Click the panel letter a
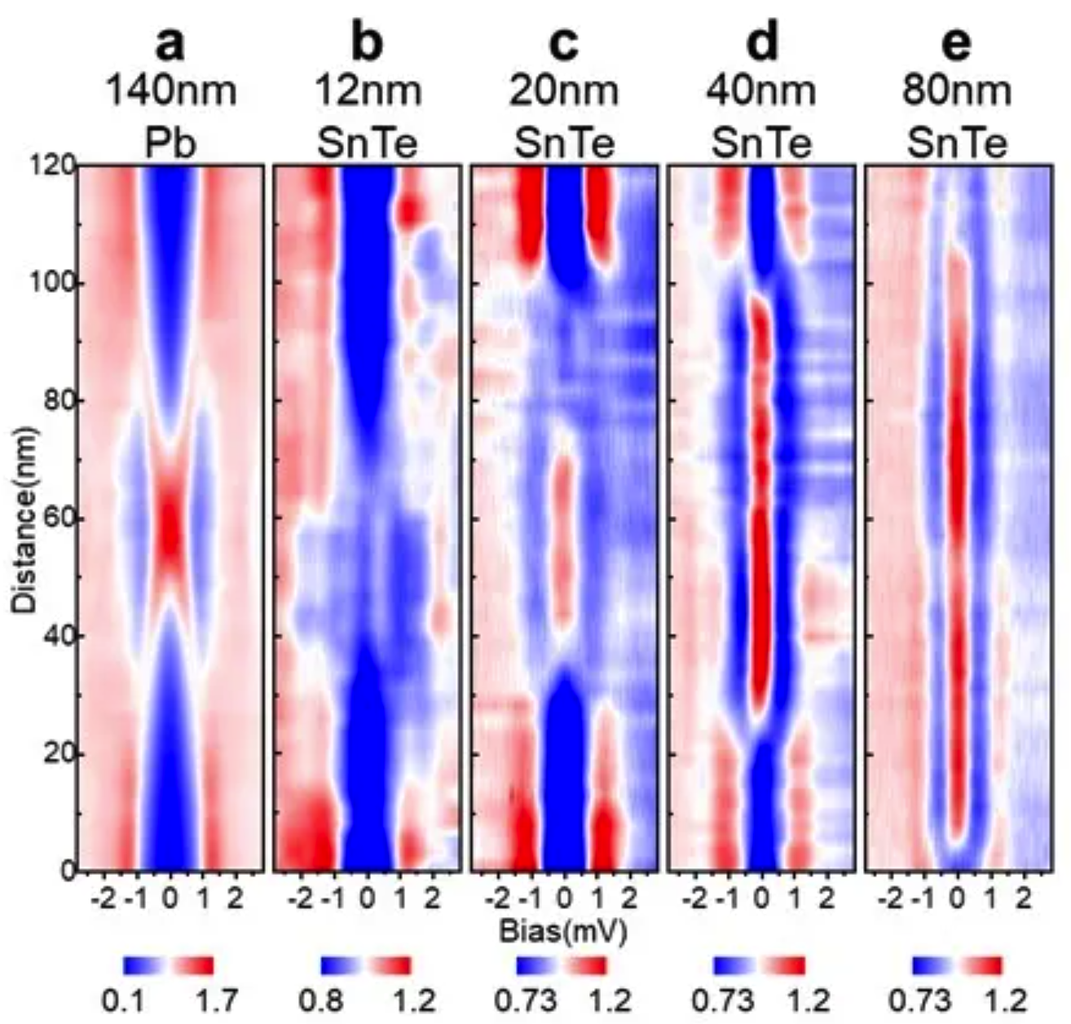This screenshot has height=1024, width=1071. click(x=170, y=45)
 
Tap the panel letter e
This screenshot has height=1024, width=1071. click(x=957, y=45)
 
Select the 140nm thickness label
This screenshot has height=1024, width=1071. click(x=171, y=90)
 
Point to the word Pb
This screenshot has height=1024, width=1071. click(x=171, y=144)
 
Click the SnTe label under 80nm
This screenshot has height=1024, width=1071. click(x=957, y=144)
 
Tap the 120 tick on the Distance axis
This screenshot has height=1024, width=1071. click(x=58, y=166)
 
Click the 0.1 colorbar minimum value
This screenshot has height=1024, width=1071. click(x=124, y=1000)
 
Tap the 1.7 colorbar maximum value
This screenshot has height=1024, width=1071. click(x=216, y=1000)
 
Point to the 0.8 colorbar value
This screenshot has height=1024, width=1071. click(x=321, y=1000)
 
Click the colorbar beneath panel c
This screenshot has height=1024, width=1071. click(x=562, y=966)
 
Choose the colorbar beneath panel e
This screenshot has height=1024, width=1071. click(x=958, y=966)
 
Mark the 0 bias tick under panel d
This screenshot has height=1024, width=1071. click(x=761, y=899)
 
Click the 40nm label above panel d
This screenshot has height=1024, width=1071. click(x=761, y=90)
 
